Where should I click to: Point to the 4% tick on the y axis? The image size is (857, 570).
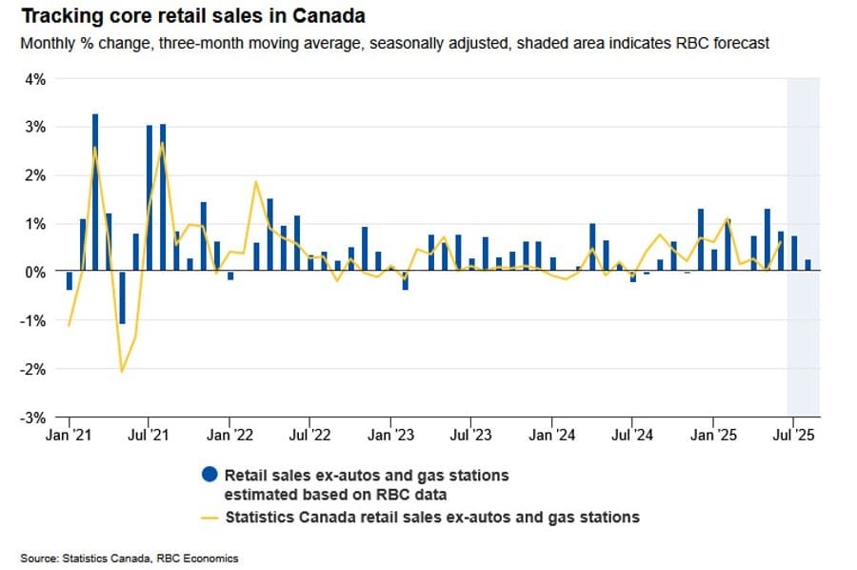[35, 79]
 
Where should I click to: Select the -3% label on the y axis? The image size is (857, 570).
[33, 417]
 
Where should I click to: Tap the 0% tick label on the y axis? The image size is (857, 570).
[35, 272]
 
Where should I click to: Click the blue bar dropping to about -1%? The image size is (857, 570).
[122, 297]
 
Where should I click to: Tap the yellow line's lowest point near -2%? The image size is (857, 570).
[122, 371]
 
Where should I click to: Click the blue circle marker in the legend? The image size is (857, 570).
[207, 474]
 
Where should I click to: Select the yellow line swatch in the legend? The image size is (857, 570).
[207, 518]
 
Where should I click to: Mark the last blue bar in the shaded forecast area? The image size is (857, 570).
[807, 265]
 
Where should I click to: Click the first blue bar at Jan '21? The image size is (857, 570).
[69, 280]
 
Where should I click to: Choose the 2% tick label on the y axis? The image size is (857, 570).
[35, 175]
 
